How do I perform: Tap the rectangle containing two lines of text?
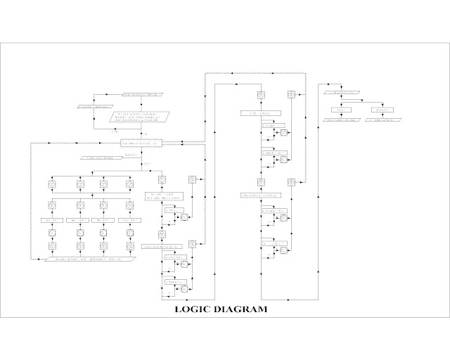162,196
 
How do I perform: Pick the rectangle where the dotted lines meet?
143,143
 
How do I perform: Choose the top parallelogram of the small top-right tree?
343,93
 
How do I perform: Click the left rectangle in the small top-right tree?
342,109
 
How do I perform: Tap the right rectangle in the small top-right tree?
382,109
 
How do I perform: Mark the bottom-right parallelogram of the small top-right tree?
382,120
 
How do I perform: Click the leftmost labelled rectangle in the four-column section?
52,220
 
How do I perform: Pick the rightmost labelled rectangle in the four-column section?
129,220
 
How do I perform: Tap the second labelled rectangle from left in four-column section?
77,220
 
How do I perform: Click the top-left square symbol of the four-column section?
52,184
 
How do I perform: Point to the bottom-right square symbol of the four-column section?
129,247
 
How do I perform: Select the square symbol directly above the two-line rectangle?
162,179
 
